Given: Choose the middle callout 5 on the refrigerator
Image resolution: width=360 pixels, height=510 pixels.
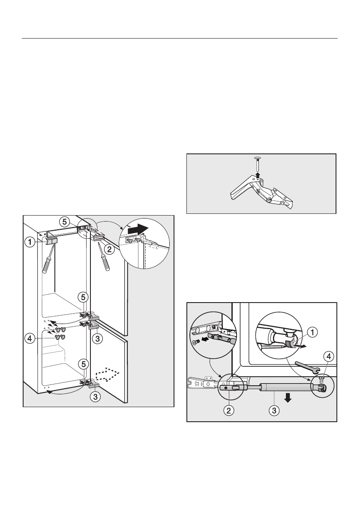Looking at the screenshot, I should click(84, 296).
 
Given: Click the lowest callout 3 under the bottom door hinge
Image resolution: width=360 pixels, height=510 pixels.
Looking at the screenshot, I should click(96, 397).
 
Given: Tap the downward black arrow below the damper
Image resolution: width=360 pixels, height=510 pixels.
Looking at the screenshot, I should click(288, 398).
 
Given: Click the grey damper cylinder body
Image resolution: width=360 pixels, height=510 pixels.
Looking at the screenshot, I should click(286, 387).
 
